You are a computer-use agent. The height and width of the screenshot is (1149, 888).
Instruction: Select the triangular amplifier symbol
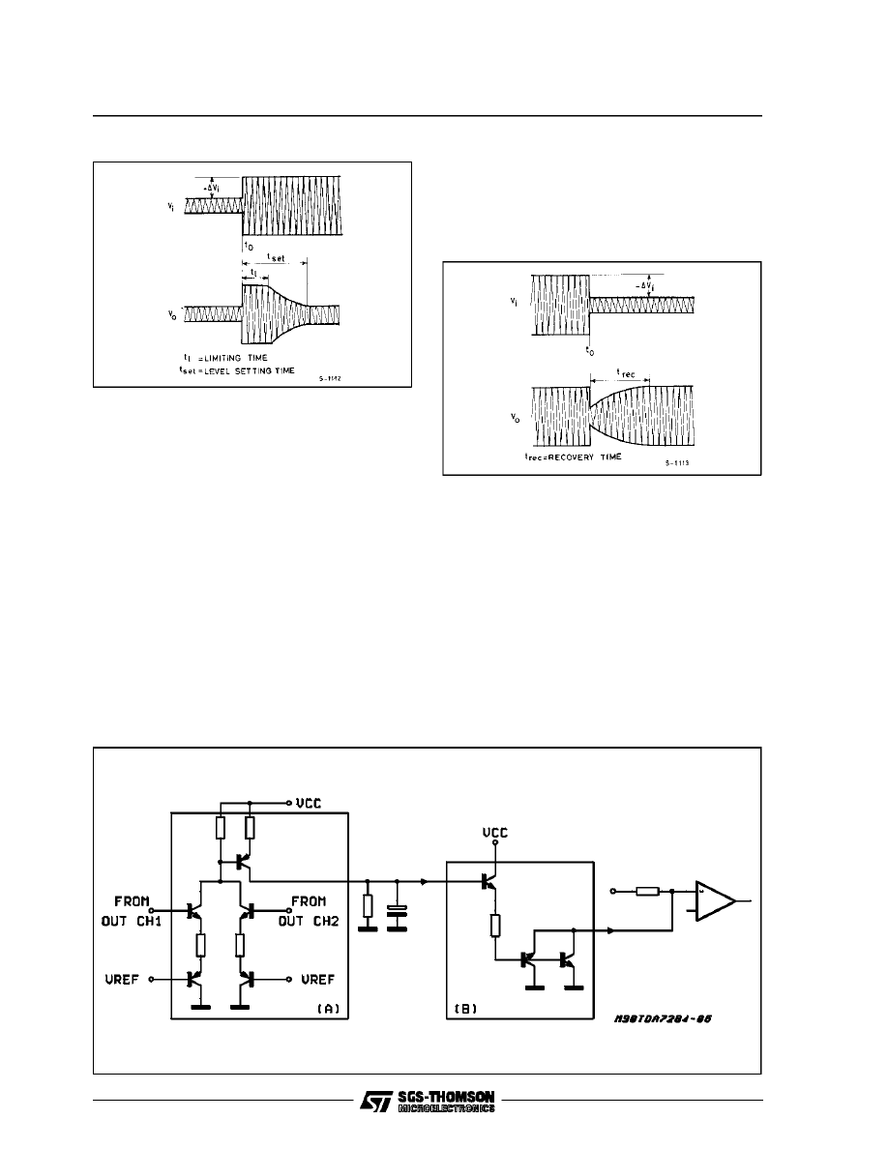(714, 899)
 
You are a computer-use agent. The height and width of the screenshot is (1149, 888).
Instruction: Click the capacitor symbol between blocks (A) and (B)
(397, 911)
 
